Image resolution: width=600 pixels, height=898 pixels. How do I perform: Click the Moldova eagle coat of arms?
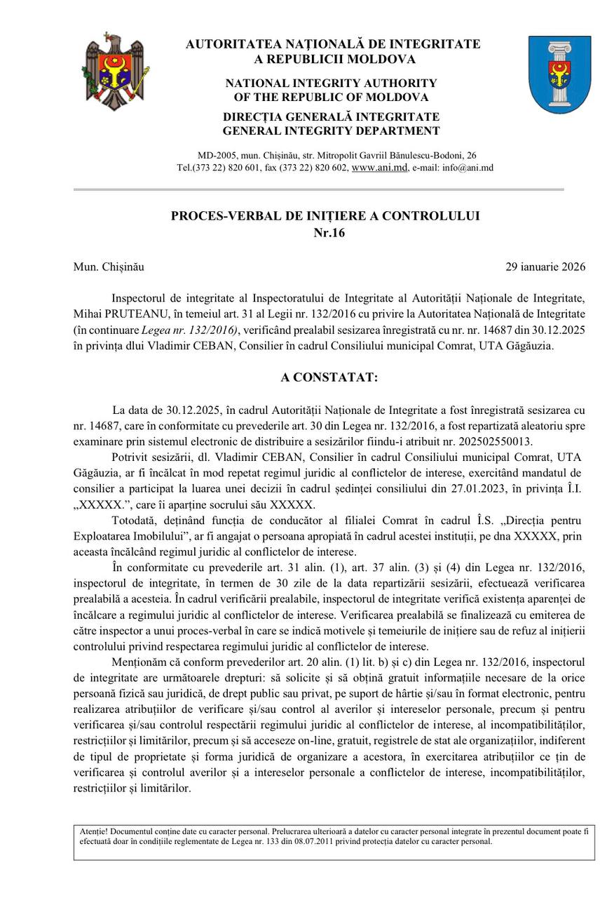pyautogui.click(x=115, y=72)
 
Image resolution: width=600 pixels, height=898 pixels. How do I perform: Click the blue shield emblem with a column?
pyautogui.click(x=559, y=74)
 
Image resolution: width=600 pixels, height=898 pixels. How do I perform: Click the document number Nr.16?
pyautogui.click(x=325, y=233)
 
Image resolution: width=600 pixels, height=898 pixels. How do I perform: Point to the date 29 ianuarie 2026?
pyautogui.click(x=545, y=267)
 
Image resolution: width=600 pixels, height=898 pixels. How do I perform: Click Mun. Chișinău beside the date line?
pyautogui.click(x=109, y=267)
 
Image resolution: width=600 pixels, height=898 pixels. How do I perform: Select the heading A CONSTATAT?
pyautogui.click(x=329, y=377)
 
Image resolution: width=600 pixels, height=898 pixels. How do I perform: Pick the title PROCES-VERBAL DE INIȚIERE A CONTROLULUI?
pyautogui.click(x=325, y=216)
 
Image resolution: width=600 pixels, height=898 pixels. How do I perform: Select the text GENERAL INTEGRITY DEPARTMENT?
pyautogui.click(x=331, y=130)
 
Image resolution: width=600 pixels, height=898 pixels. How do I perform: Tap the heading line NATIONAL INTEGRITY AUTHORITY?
pyautogui.click(x=331, y=83)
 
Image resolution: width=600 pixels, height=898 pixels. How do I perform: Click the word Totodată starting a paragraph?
pyautogui.click(x=135, y=520)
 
